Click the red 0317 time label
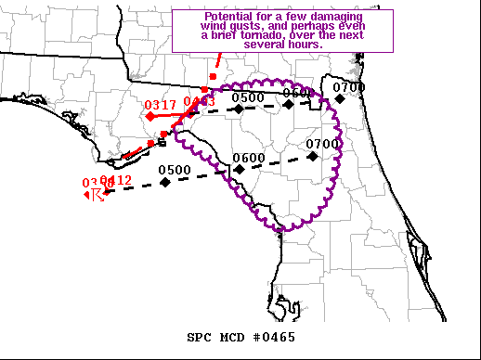pos(161,105)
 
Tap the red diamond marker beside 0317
pos(150,117)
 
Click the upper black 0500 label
pos(248,97)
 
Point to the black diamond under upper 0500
pos(239,109)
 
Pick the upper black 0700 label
pos(350,87)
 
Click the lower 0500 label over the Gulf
pos(175,170)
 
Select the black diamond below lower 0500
pos(164,182)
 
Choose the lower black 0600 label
pos(249,158)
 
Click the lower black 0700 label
pos(322,144)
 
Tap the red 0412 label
pos(116,180)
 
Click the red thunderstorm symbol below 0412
pos(95,195)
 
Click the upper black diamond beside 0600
pos(288,104)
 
